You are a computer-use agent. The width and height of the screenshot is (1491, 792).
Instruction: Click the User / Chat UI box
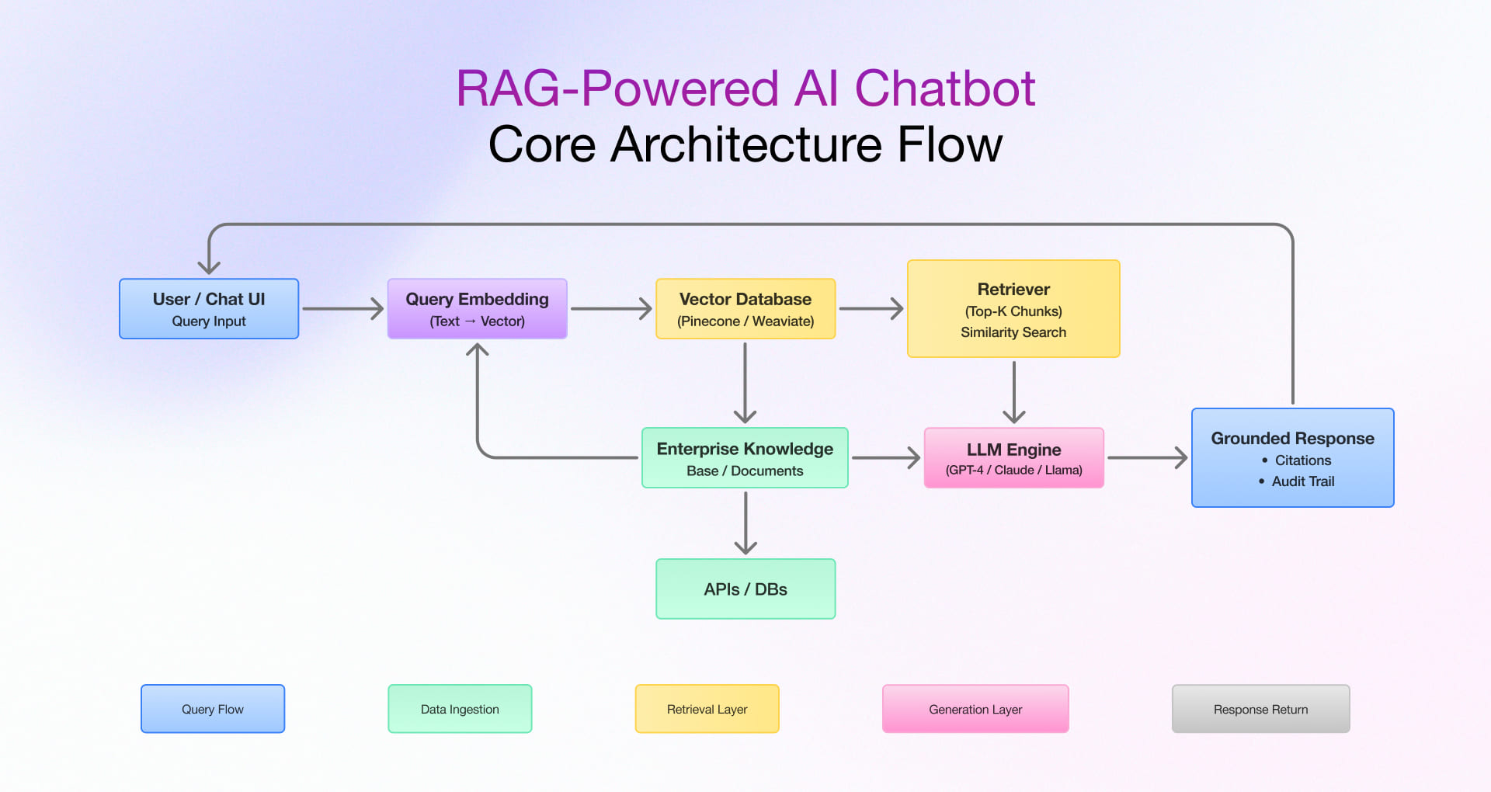point(208,308)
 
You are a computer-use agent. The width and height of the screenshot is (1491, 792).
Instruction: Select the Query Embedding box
point(477,308)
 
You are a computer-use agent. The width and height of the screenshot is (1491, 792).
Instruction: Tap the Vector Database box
point(745,308)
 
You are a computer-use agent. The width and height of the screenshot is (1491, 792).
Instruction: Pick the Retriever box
point(1013,308)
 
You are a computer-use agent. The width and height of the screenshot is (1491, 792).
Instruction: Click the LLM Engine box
point(1013,457)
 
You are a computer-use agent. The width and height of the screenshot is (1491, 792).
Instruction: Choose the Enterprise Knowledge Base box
point(745,457)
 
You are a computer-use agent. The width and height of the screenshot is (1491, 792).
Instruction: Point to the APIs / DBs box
point(745,589)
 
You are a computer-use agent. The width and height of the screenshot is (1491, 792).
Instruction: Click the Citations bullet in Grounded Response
point(1302,460)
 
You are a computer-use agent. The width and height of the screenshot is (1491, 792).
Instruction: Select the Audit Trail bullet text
point(1302,481)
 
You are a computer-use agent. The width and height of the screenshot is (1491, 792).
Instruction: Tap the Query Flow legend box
point(213,708)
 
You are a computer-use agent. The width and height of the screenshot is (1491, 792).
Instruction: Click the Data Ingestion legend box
point(460,708)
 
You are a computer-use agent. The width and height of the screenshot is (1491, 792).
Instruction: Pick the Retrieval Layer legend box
point(707,708)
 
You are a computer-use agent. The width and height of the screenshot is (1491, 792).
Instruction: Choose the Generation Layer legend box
point(975,708)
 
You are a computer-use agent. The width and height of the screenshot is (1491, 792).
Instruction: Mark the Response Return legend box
point(1260,708)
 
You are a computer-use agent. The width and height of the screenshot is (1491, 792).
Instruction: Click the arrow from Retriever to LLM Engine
point(1013,392)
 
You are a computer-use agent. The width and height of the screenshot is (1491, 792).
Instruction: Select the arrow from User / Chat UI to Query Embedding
point(342,309)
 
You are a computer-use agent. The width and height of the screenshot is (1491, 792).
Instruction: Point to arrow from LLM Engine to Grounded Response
point(1147,458)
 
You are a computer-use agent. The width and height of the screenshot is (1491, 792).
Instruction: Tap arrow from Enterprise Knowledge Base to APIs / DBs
point(745,523)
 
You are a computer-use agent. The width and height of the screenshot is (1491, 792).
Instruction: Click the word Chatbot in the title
point(944,88)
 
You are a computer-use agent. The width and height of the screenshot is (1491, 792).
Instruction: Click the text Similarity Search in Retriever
point(1013,332)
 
